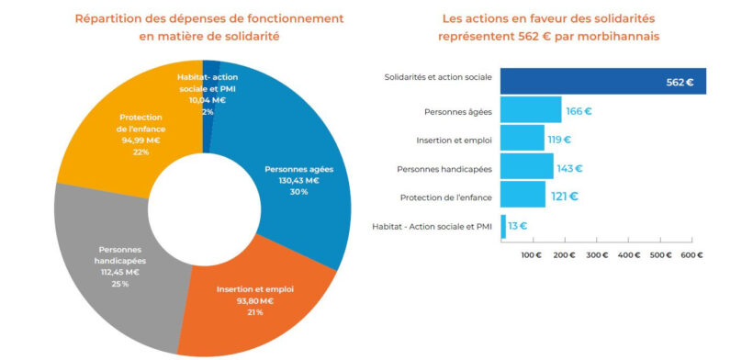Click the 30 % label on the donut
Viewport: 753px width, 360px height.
[298, 192]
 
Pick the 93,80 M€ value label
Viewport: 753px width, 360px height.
[255, 301]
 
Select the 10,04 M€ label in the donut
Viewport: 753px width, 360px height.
[208, 100]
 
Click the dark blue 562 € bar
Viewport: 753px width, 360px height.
[603, 81]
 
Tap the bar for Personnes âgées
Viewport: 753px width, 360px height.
[531, 109]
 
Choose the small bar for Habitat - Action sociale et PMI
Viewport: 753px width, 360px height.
[503, 227]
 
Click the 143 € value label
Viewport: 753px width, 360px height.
[569, 168]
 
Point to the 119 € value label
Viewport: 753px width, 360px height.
[559, 141]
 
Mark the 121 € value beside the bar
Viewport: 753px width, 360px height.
[565, 197]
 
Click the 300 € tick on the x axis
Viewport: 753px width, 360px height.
[598, 255]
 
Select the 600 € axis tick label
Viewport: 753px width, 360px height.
[692, 255]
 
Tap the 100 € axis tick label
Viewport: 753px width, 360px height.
[532, 255]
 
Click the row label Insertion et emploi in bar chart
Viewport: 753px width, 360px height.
[455, 141]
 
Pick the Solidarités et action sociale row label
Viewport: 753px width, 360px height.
[438, 77]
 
